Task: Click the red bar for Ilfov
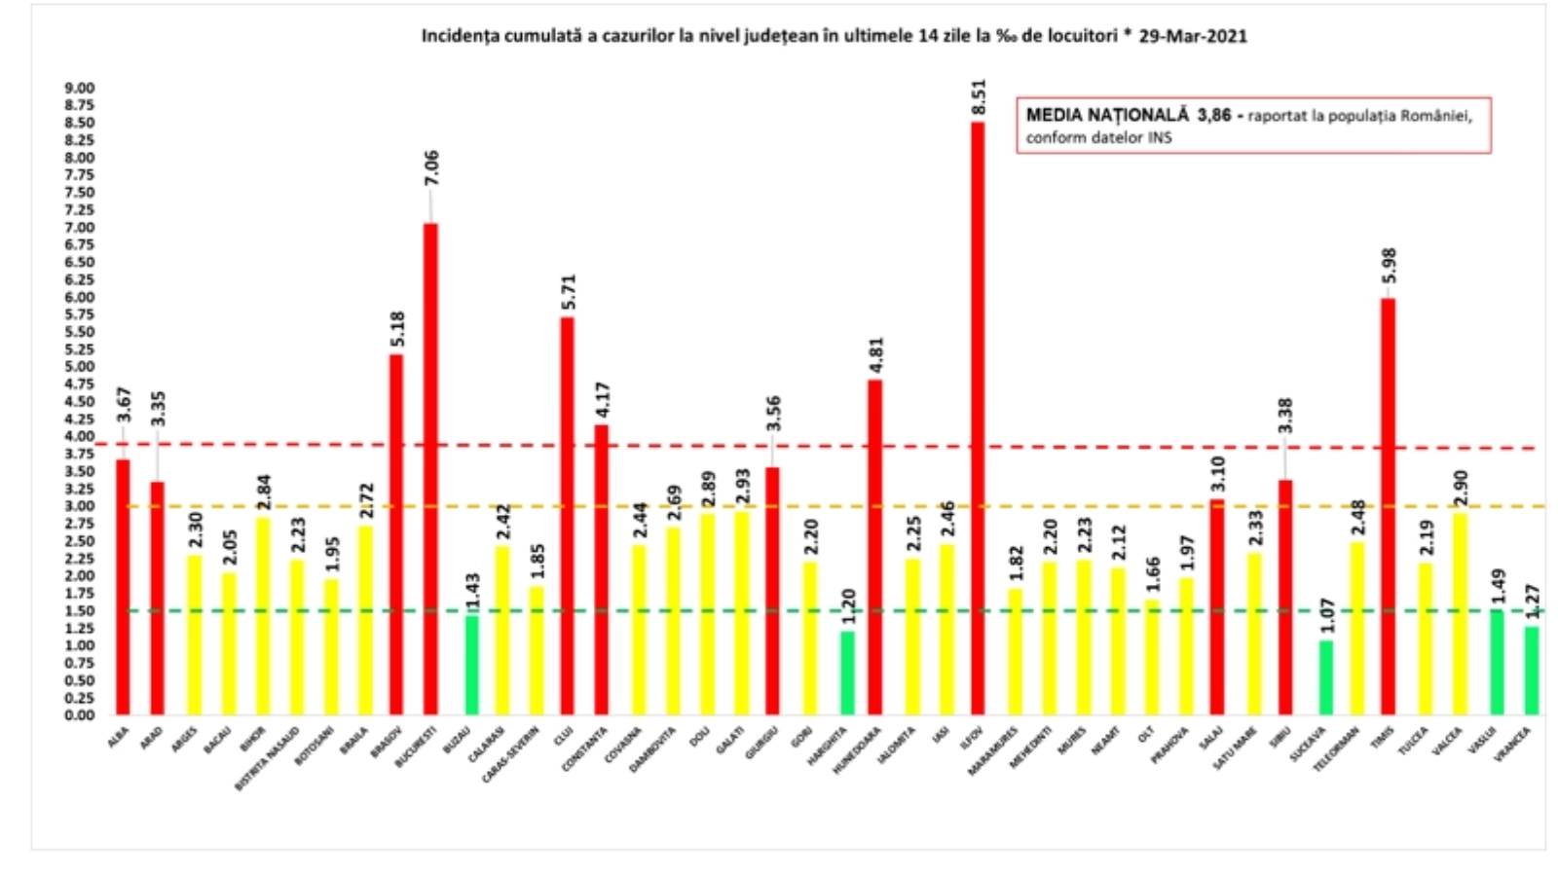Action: (978, 419)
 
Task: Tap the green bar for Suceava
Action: (1325, 677)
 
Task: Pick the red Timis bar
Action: (1388, 506)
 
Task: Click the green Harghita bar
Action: (847, 673)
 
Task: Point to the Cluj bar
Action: (567, 516)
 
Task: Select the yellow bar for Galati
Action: (742, 613)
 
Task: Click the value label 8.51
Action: (979, 97)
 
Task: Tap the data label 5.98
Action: (1390, 267)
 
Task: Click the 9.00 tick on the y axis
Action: (80, 88)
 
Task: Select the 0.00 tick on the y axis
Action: (80, 715)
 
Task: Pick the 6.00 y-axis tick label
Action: (80, 297)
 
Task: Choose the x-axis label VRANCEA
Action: (1514, 745)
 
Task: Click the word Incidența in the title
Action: (456, 36)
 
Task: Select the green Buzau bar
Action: (471, 665)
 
